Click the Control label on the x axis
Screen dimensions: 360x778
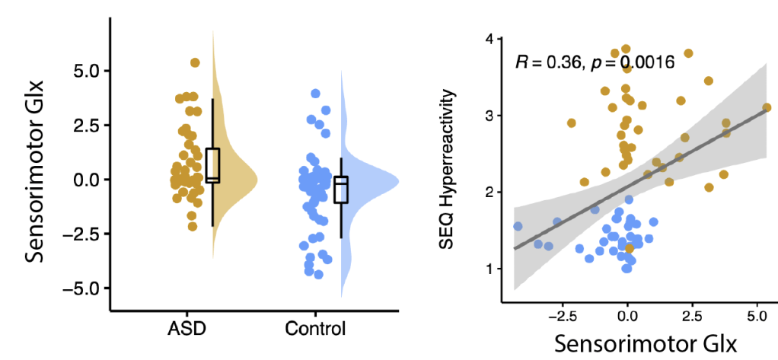315,330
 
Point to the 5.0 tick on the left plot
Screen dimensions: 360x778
86,71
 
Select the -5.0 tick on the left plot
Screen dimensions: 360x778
84,288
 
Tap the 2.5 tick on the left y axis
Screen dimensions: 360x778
86,125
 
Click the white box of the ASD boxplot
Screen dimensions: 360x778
212,165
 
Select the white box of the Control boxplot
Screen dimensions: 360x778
341,189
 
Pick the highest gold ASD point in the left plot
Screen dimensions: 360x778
195,62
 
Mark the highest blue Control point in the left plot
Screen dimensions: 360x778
315,94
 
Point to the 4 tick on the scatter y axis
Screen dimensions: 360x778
491,39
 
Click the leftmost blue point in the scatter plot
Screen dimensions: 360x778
518,226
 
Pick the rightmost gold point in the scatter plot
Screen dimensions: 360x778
767,107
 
